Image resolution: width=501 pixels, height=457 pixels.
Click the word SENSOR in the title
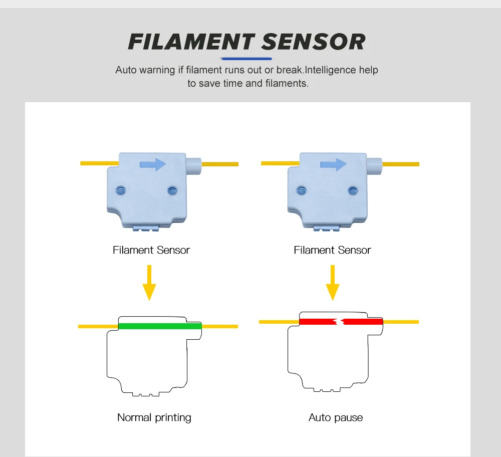(313, 42)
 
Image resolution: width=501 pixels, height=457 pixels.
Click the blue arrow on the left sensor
(153, 164)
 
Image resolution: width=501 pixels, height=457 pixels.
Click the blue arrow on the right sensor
(333, 164)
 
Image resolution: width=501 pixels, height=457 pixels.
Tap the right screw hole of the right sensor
(353, 190)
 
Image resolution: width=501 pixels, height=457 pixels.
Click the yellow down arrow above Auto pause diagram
(333, 283)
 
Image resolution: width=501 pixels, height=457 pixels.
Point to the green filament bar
(160, 326)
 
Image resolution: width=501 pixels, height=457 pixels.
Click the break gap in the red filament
(340, 321)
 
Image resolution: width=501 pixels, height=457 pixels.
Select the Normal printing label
(154, 417)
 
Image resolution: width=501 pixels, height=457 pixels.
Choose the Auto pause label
(336, 417)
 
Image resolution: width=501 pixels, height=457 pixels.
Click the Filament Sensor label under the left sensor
(151, 250)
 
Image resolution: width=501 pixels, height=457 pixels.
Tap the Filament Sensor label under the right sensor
(332, 250)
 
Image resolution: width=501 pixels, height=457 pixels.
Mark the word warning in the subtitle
(157, 70)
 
